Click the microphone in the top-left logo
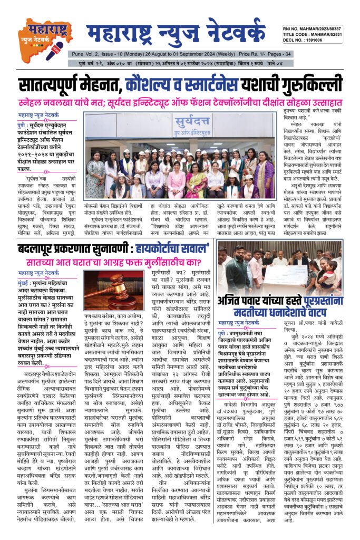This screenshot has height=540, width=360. point(56,51)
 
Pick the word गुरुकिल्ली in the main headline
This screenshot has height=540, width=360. point(303,85)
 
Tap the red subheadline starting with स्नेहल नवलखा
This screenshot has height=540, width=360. point(179,102)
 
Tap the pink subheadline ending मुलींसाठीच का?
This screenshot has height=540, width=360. point(112,261)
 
